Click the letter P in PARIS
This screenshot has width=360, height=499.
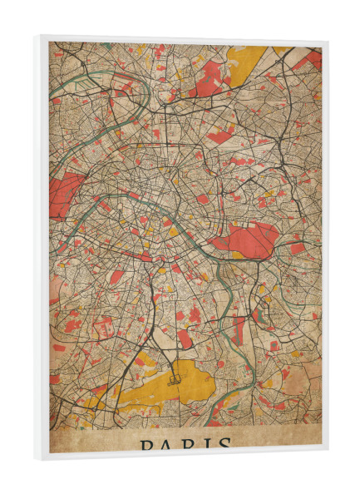(147, 446)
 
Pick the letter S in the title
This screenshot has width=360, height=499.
(220, 447)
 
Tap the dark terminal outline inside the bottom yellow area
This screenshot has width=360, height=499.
(175, 378)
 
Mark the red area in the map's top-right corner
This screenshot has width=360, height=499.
(313, 58)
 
